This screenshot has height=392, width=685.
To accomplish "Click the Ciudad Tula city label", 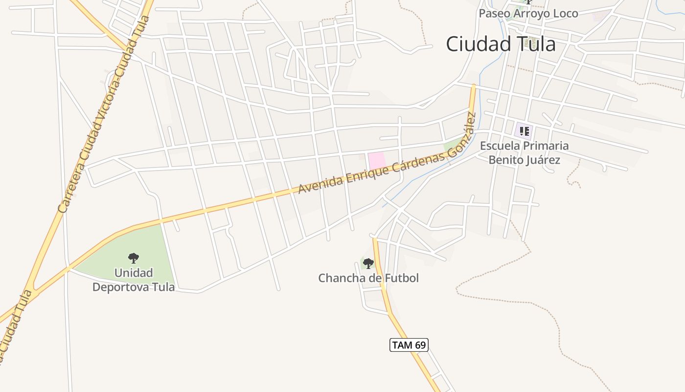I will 501,44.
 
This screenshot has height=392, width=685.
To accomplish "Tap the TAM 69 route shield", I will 409,345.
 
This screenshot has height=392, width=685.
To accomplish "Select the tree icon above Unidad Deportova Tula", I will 133,258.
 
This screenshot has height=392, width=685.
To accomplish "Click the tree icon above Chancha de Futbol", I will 368,264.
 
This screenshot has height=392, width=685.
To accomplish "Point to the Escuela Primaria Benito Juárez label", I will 524,153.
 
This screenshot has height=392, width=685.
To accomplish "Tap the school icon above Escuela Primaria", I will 524,131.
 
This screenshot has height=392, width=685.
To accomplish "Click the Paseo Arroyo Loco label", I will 528,13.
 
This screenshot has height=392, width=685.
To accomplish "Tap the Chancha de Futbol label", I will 368,278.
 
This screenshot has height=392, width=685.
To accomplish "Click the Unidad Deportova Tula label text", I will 134,280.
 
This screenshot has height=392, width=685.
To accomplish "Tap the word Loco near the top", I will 565,13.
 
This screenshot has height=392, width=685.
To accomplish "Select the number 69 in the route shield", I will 420,345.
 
